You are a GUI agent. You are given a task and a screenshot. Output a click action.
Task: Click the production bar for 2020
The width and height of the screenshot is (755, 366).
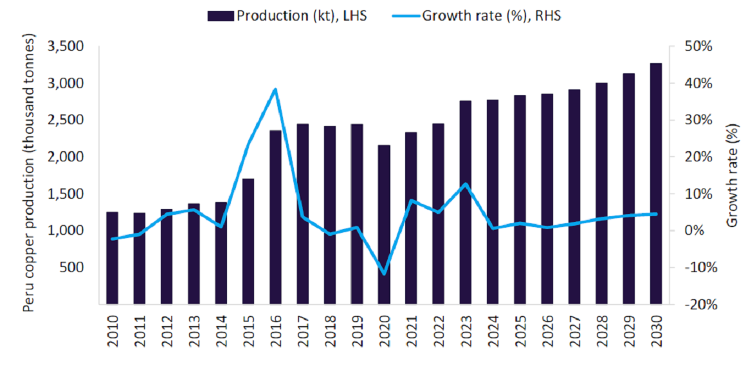coord(383,224)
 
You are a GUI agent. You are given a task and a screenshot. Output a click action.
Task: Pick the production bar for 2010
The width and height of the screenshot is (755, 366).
coord(112,257)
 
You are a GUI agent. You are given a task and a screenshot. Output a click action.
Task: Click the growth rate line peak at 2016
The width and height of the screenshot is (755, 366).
coord(275,89)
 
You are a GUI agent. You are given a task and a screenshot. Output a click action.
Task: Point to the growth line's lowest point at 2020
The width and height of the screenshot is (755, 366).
coord(384,274)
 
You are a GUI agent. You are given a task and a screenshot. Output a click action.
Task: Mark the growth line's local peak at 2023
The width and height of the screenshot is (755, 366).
coord(465,184)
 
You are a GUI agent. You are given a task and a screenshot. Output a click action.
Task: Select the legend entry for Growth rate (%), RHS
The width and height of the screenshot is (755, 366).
coord(477,16)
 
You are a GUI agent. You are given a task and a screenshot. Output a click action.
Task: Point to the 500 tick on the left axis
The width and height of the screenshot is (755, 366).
coord(73,267)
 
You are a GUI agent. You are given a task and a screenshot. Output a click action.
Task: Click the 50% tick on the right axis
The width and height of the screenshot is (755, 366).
coord(697,46)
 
